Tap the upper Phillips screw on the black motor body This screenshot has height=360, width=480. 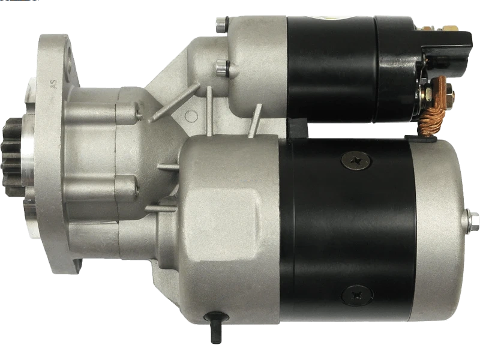[x=356, y=160]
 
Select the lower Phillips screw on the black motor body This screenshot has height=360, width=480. [x=357, y=296]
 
